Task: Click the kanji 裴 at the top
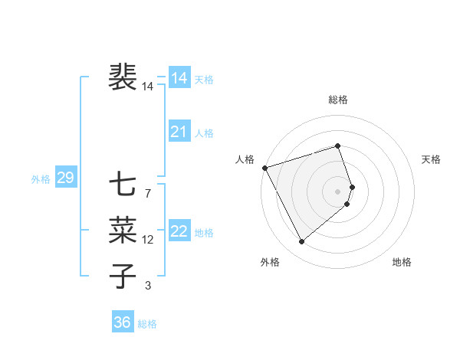point(123,77)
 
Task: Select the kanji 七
point(123,185)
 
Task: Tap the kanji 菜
point(123,229)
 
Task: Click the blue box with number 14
point(179,78)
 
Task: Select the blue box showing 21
point(179,132)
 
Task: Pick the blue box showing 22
point(179,231)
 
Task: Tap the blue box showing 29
point(65,178)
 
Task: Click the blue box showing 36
point(122,322)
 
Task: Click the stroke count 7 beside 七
point(147,194)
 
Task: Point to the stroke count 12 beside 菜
point(147,240)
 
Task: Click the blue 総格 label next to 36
point(147,324)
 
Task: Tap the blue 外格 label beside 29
point(41,179)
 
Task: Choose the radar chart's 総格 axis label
point(338,100)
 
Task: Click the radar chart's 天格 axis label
point(432,159)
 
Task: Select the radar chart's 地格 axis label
point(402,263)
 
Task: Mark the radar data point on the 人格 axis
point(264,168)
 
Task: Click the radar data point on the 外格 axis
point(301,242)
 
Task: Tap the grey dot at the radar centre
point(338,191)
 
